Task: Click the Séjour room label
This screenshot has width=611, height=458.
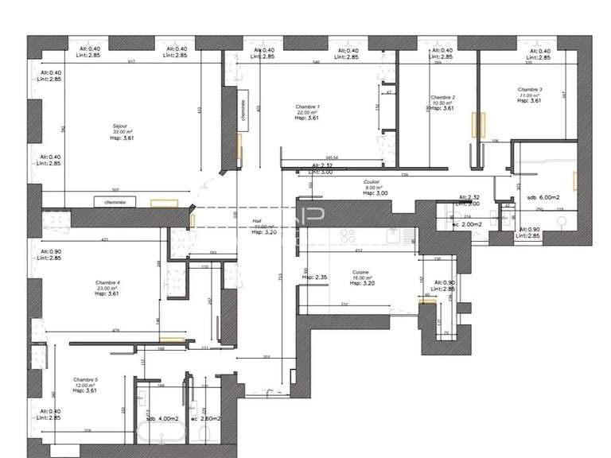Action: tap(122, 126)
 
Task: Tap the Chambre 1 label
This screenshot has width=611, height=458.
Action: tap(307, 107)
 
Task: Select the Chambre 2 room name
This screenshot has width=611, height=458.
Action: tap(442, 97)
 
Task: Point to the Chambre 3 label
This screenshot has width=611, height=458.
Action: tap(529, 89)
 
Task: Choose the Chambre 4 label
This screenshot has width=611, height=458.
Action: tap(107, 282)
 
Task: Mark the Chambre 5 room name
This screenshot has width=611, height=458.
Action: tap(84, 379)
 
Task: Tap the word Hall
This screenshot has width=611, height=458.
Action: tap(257, 221)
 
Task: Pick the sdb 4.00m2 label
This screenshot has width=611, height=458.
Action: tap(161, 418)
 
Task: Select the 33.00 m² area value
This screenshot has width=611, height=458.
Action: tap(122, 131)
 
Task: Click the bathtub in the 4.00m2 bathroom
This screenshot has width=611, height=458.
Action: tap(162, 434)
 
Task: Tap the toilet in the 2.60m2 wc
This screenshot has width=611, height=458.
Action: tap(204, 433)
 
